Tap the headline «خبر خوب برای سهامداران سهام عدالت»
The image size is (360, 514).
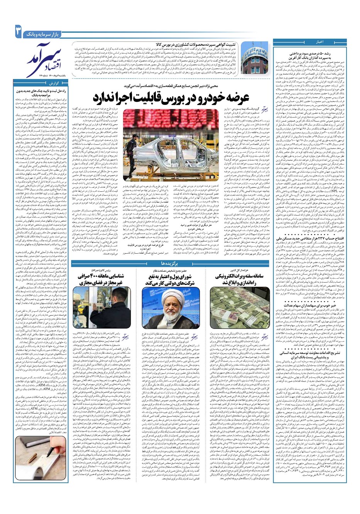click(317, 305)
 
